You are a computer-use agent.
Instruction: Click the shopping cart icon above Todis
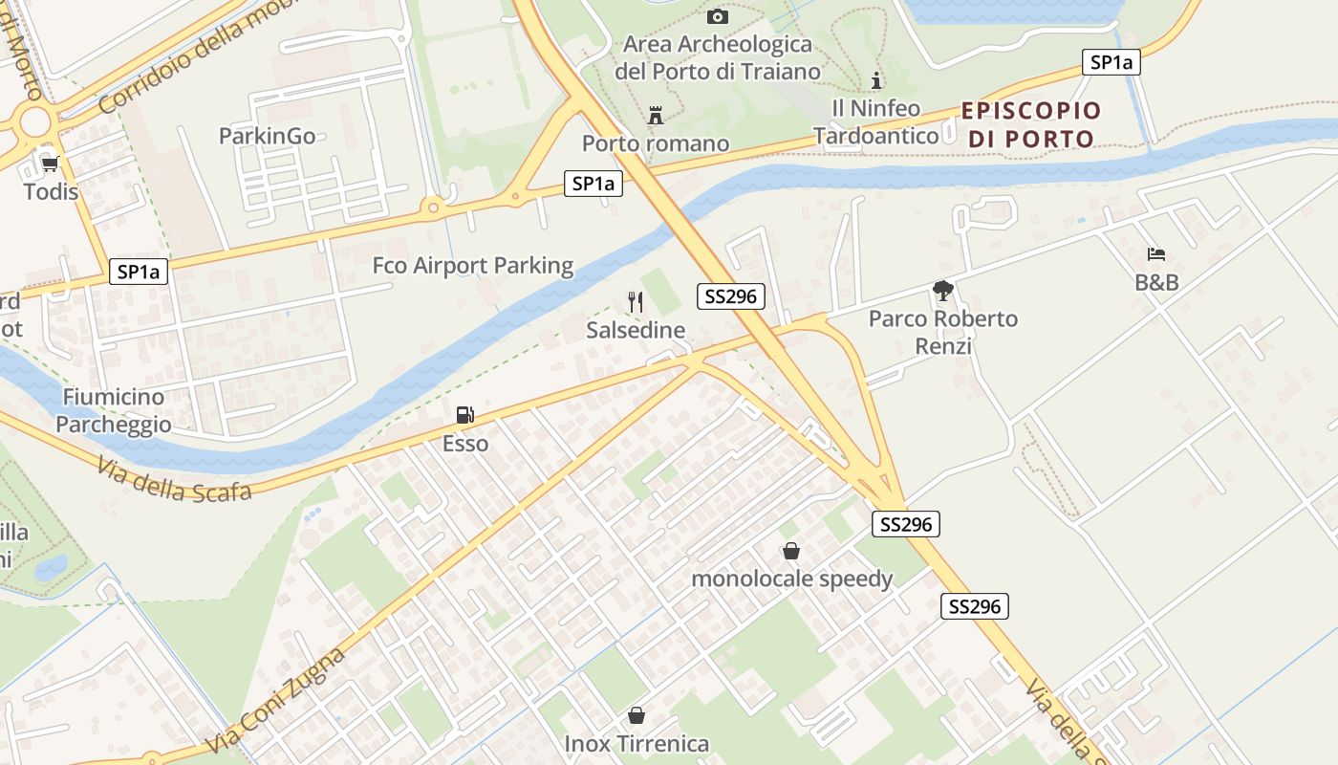tap(50, 164)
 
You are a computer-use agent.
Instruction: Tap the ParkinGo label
tap(267, 136)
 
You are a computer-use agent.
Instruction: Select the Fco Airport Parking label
tap(472, 265)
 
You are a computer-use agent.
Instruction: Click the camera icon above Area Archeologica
tap(717, 16)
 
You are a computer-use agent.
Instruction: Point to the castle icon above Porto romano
tap(656, 116)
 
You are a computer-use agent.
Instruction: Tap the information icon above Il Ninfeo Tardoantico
tap(875, 80)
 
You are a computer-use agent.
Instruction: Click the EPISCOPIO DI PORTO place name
tap(1031, 124)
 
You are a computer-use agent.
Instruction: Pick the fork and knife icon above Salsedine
tap(636, 302)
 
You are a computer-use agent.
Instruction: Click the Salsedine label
tap(636, 331)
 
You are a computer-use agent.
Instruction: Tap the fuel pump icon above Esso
tap(465, 415)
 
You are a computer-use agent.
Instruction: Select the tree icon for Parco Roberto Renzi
tap(943, 290)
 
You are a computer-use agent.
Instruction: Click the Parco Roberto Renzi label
tap(943, 331)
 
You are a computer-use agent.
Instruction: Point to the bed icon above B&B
tap(1156, 254)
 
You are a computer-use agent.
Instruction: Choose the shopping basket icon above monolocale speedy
tap(791, 551)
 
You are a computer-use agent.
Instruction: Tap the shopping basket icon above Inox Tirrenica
tap(637, 715)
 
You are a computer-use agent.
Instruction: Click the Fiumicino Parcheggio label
tap(114, 410)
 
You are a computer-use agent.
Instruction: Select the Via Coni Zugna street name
tap(277, 701)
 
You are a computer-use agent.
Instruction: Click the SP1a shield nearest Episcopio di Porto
tap(1111, 62)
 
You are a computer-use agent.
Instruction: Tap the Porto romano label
tap(656, 143)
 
